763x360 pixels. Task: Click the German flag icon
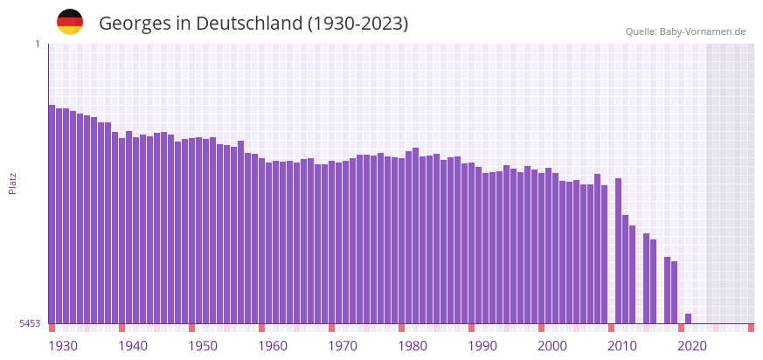pyautogui.click(x=70, y=22)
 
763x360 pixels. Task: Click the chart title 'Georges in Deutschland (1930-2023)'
pyautogui.click(x=253, y=24)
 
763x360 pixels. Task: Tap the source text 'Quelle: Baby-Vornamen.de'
pyautogui.click(x=685, y=31)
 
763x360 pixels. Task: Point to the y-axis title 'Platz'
pyautogui.click(x=13, y=183)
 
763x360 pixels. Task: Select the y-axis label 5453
pyautogui.click(x=30, y=323)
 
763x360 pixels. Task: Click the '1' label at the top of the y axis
pyautogui.click(x=38, y=44)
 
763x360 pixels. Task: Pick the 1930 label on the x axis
pyautogui.click(x=63, y=346)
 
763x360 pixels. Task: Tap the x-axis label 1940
pyautogui.click(x=133, y=346)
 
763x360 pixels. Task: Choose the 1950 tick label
pyautogui.click(x=203, y=346)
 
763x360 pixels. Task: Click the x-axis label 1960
pyautogui.click(x=273, y=346)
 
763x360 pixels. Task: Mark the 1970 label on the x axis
pyautogui.click(x=343, y=346)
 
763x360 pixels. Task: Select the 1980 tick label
pyautogui.click(x=413, y=346)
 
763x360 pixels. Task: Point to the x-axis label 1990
pyautogui.click(x=482, y=346)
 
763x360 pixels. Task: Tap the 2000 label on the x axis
pyautogui.click(x=552, y=346)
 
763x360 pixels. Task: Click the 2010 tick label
pyautogui.click(x=622, y=346)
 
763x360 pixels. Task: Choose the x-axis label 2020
pyautogui.click(x=692, y=346)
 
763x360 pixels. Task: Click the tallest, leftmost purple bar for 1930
pyautogui.click(x=52, y=214)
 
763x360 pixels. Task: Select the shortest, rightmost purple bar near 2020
pyautogui.click(x=688, y=319)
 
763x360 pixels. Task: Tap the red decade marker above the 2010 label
pyautogui.click(x=611, y=328)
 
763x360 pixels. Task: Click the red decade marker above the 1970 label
pyautogui.click(x=331, y=328)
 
